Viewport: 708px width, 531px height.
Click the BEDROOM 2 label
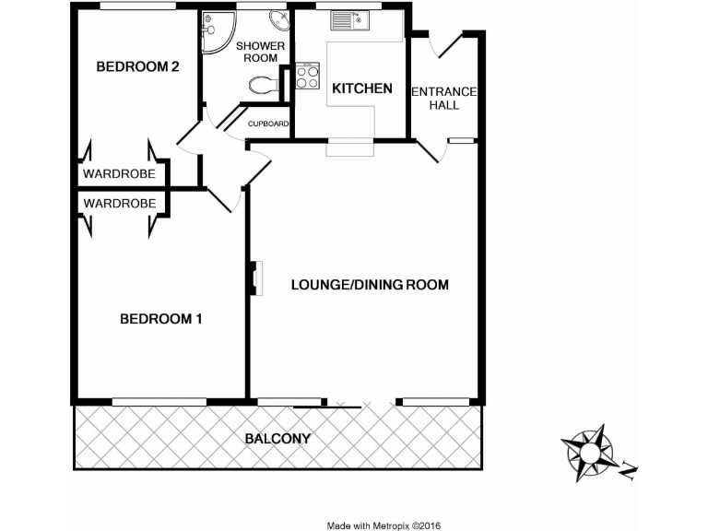pos(137,66)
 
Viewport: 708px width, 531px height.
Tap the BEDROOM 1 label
pos(161,320)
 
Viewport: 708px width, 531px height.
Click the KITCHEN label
pos(362,89)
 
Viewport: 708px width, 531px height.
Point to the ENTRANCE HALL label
pos(443,98)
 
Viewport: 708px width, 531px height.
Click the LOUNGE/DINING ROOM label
pos(370,285)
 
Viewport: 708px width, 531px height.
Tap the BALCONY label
pos(277,439)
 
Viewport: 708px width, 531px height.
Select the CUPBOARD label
pos(269,124)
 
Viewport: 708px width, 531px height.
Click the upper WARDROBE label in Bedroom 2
pos(119,174)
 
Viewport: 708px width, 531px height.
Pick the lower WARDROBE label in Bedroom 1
pos(119,203)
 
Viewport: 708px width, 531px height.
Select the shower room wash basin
pos(277,21)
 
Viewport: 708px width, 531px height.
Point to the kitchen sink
pos(351,19)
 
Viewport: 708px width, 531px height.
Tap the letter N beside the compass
pos(629,472)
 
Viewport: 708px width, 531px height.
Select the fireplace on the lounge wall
pos(254,279)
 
